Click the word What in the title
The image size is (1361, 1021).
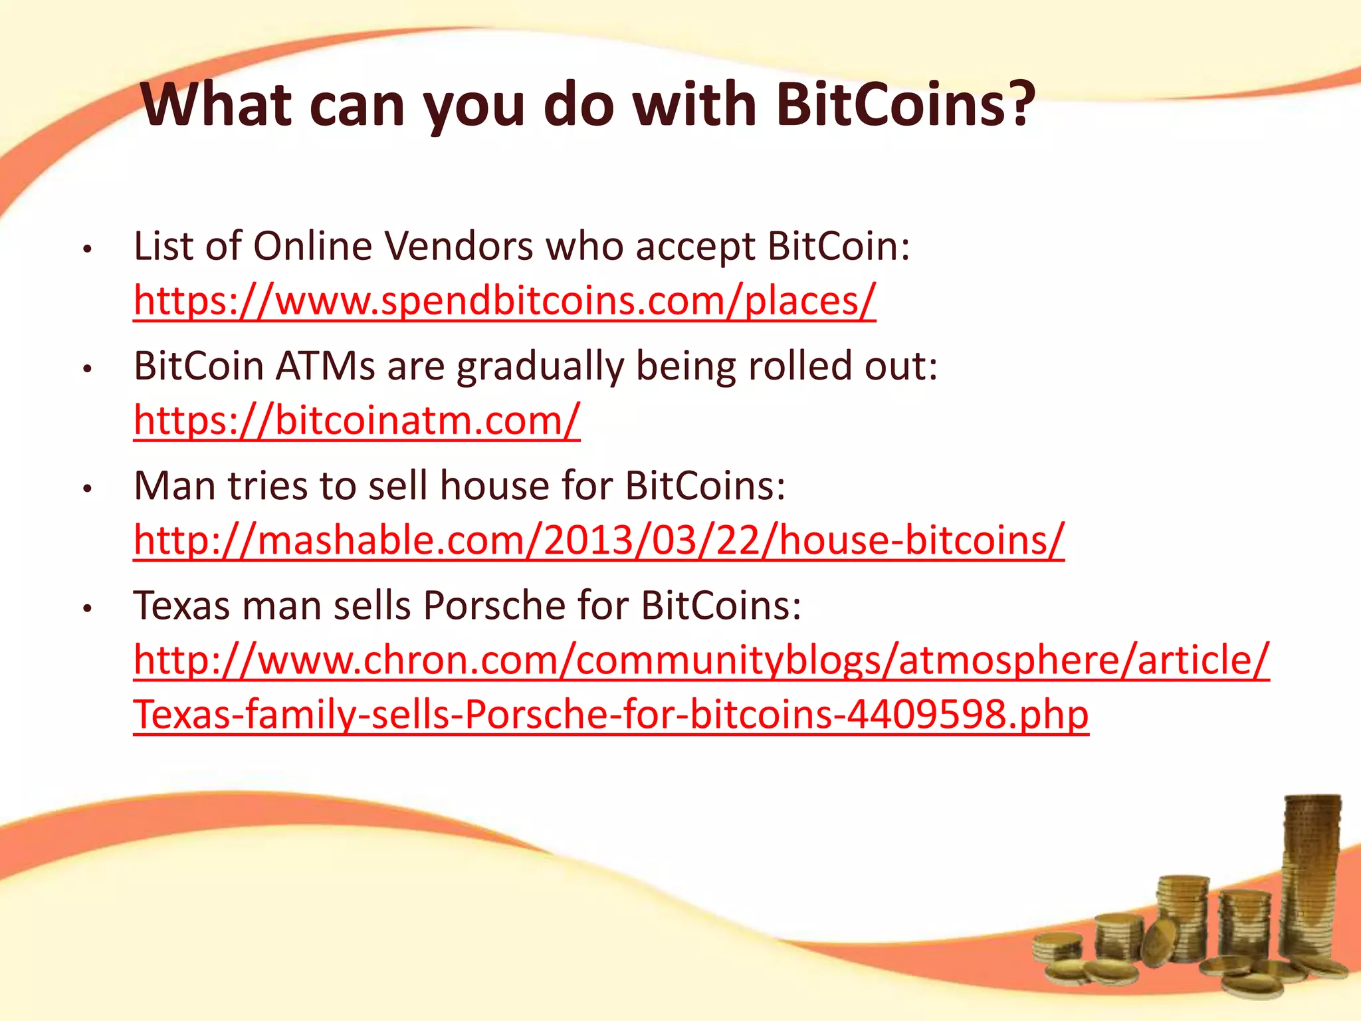point(217,104)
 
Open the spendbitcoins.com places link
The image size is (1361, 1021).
point(504,300)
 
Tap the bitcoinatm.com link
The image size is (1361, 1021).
point(357,420)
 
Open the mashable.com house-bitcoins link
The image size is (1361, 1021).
point(599,540)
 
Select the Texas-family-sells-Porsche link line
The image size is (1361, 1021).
point(611,714)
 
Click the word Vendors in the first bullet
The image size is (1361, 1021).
point(459,247)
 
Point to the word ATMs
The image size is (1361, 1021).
point(325,366)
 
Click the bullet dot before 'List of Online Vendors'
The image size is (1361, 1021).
point(86,250)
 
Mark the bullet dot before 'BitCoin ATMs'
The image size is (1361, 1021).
point(86,370)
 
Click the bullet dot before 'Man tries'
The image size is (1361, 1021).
point(86,489)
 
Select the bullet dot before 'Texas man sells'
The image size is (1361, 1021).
point(86,609)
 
